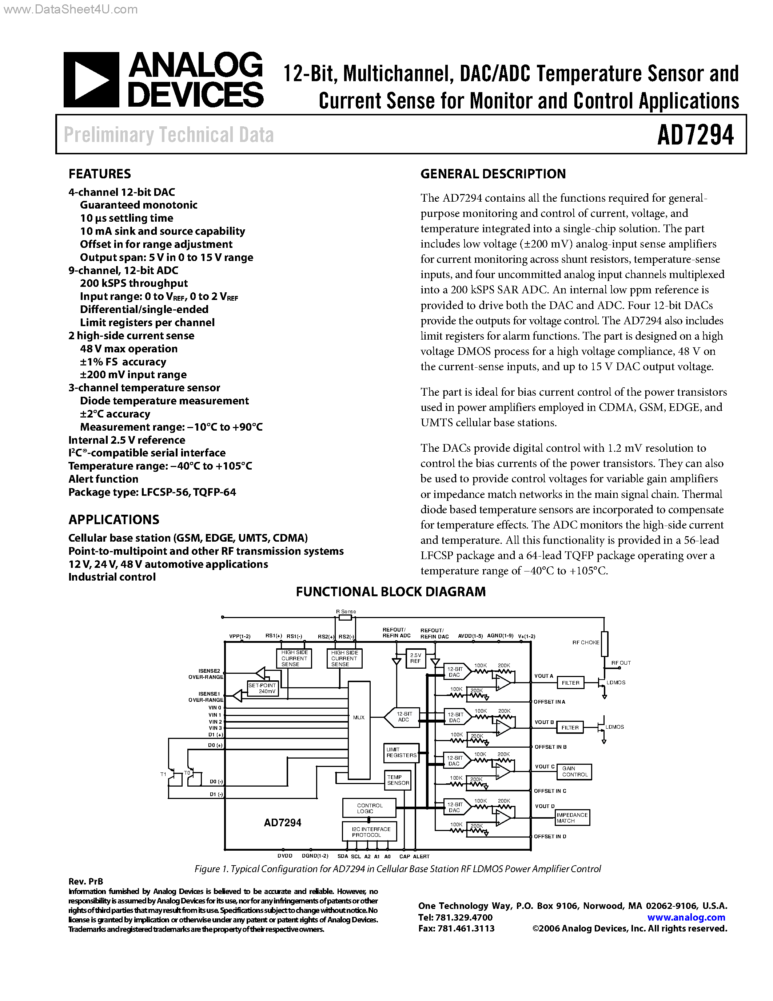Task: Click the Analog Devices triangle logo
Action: pyautogui.click(x=91, y=80)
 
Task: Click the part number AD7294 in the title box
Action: pyautogui.click(x=695, y=135)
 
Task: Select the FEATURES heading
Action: pyautogui.click(x=99, y=174)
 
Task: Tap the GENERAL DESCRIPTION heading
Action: pyautogui.click(x=493, y=174)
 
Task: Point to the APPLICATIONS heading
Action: pyautogui.click(x=113, y=519)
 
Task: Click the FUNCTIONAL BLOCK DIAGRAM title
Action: pyautogui.click(x=391, y=592)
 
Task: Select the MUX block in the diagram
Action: pyautogui.click(x=359, y=730)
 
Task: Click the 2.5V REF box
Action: pyautogui.click(x=415, y=658)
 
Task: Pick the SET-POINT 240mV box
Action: pyautogui.click(x=262, y=688)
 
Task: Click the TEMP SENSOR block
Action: pyautogui.click(x=398, y=780)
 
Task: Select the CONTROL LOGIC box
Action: pyautogui.click(x=369, y=808)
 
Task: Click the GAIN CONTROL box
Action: pyautogui.click(x=574, y=771)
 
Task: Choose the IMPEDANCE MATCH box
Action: pyautogui.click(x=572, y=818)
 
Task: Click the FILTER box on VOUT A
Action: pyautogui.click(x=571, y=683)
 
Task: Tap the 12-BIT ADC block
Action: pyautogui.click(x=403, y=717)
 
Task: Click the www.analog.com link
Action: pyautogui.click(x=686, y=917)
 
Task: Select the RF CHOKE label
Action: pyautogui.click(x=585, y=642)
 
